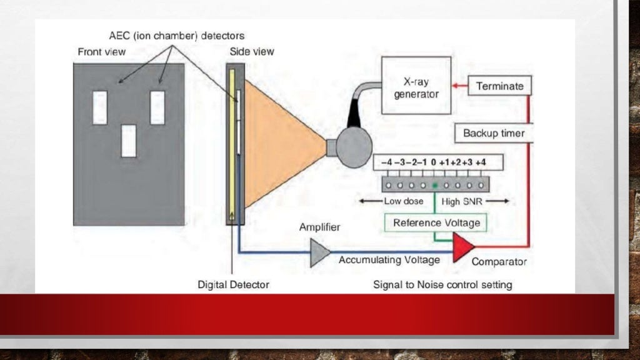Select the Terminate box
point(499,86)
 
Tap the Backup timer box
point(494,133)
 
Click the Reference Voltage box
point(436,222)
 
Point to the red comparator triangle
point(462,247)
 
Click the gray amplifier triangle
point(319,252)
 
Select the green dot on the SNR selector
point(435,186)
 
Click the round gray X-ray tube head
point(354,147)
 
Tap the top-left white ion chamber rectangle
point(100,107)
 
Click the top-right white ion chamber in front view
point(157,107)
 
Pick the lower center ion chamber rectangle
point(129,141)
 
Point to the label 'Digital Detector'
point(233,284)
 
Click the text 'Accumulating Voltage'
point(389,259)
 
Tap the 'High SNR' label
point(462,201)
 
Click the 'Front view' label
point(101,52)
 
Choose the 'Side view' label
point(252,51)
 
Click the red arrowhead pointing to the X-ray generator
point(457,86)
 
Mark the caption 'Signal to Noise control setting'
point(442,284)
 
